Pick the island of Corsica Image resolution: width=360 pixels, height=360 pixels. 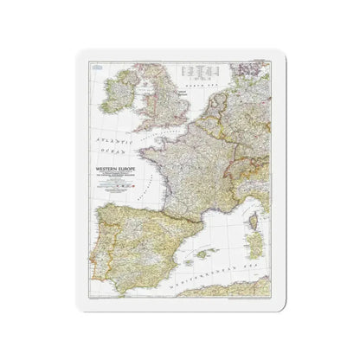coord(259,213)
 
